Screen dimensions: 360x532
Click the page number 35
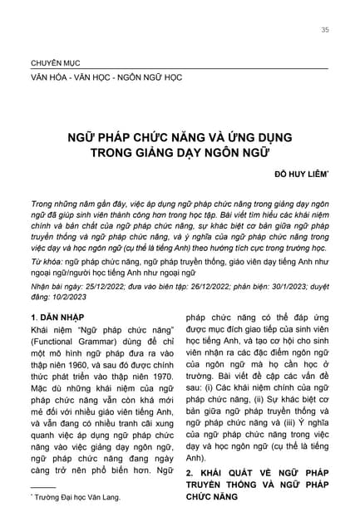pos(324,31)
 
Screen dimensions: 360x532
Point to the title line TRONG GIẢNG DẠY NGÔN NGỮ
pos(179,152)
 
